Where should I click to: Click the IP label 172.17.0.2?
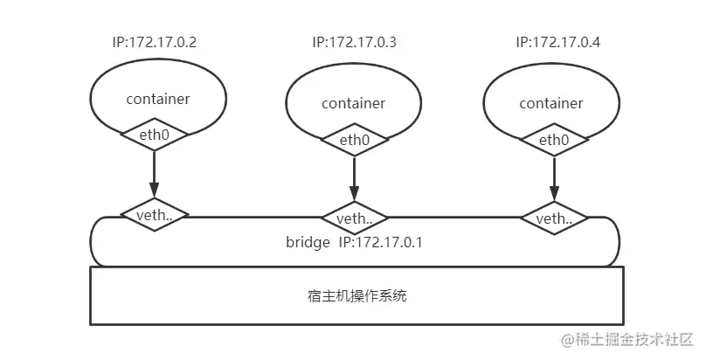tap(154, 42)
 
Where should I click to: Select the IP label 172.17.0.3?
tap(354, 42)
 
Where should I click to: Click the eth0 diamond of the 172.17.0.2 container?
tap(154, 135)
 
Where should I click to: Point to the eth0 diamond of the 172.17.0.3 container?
tap(354, 139)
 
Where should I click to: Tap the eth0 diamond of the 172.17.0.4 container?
tap(552, 139)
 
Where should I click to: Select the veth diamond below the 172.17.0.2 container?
tap(154, 214)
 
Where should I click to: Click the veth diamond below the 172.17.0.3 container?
tap(354, 218)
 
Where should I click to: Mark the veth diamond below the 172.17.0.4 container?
tap(552, 218)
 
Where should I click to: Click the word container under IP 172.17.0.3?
tap(353, 103)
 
